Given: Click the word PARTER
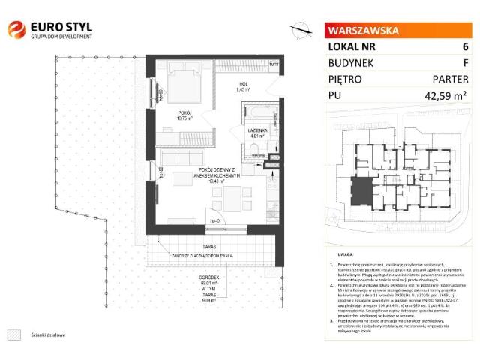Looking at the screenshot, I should [x=452, y=79].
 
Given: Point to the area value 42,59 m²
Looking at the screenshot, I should [x=445, y=95].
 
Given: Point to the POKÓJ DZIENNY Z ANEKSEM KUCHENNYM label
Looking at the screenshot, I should [x=214, y=175].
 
